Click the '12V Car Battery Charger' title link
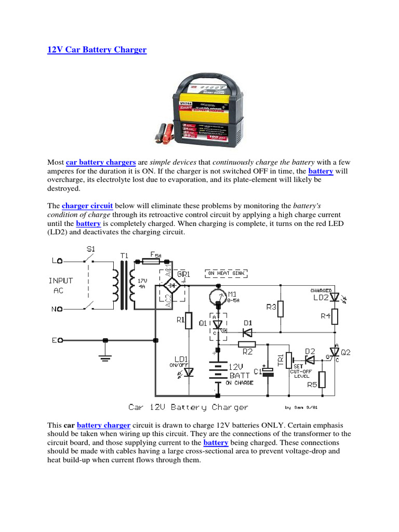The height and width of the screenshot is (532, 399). point(97,50)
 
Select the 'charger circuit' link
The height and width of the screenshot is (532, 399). point(87,205)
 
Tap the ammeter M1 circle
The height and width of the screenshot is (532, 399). point(218,296)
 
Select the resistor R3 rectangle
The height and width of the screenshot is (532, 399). point(281,309)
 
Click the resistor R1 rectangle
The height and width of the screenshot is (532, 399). point(188,321)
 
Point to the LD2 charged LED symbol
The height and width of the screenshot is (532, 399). point(335,297)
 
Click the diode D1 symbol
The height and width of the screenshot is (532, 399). point(248,331)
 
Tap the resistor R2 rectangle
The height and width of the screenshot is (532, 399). point(247,343)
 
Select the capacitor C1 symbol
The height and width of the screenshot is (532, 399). point(267,372)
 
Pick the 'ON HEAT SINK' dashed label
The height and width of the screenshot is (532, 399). point(227,273)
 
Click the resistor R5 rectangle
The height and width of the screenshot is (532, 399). point(322,379)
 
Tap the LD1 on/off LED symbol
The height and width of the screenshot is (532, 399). point(188,371)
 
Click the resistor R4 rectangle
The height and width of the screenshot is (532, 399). point(335,316)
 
